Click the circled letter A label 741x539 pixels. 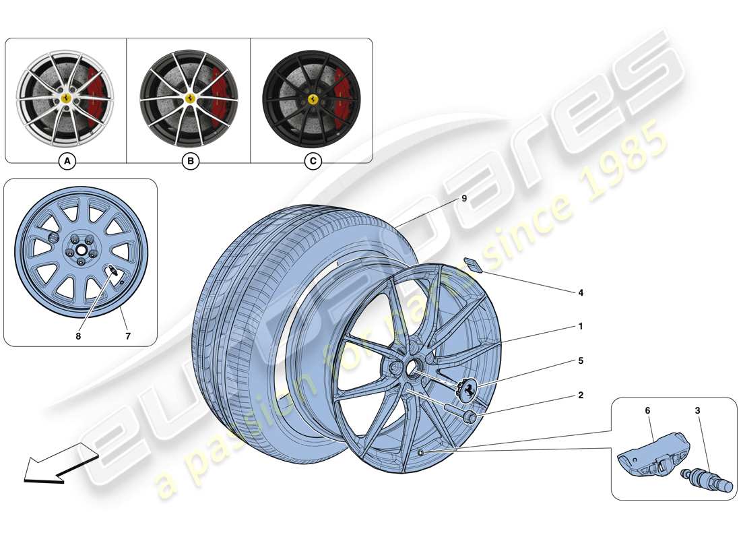point(66,162)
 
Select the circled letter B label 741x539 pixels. point(191,162)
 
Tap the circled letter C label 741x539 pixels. point(313,162)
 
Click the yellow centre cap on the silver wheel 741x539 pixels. point(67,98)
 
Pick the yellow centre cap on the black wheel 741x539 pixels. point(313,98)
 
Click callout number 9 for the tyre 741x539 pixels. point(463,199)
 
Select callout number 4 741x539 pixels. point(580,293)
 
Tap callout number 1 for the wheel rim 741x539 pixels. point(580,327)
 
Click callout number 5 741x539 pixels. point(580,361)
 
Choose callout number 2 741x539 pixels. point(580,395)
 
